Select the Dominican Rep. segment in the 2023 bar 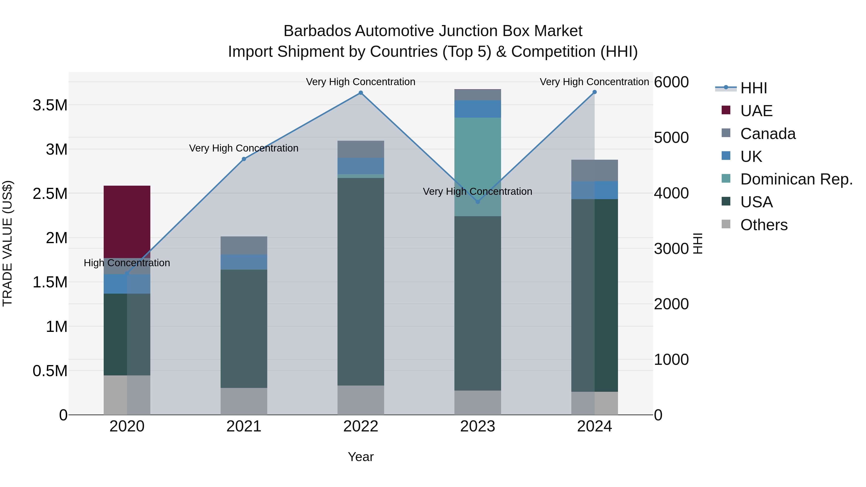pos(477,166)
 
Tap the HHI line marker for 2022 pos(361,93)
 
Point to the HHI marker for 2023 pos(477,202)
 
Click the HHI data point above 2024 pos(594,92)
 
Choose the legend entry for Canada pos(768,134)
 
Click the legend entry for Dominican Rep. pos(796,179)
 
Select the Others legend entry pos(764,225)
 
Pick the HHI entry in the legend pos(753,88)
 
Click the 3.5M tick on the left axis pos(50,105)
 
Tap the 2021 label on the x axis pos(244,426)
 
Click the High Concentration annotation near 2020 pos(127,263)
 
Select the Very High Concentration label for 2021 pos(244,148)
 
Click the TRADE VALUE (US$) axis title pos(7,243)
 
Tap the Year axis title pos(361,457)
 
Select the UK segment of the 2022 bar pos(361,166)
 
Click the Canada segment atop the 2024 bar pos(594,171)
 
